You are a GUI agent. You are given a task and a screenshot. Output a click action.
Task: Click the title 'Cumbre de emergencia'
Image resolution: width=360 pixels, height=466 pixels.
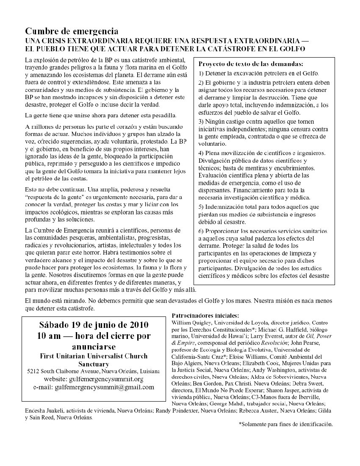point(71,31)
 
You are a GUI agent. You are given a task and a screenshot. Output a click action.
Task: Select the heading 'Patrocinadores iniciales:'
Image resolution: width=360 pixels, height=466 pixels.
point(205,316)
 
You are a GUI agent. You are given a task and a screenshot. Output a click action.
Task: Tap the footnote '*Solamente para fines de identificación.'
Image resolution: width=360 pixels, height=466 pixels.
point(286,424)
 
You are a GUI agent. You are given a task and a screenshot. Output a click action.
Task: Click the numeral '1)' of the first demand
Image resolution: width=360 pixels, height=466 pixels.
point(202,73)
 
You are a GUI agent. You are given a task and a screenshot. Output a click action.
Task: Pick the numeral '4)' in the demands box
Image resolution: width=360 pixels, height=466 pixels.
point(202,153)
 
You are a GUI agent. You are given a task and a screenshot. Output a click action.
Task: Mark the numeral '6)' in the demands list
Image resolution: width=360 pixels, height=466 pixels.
point(202,231)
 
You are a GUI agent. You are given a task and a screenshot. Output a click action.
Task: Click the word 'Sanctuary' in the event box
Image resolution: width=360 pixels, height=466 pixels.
point(93,363)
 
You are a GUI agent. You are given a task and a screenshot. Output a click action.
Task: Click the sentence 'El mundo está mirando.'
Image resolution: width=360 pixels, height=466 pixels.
point(56,300)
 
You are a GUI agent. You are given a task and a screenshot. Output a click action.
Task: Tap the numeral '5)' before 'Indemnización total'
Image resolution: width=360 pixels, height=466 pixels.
point(202,207)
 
